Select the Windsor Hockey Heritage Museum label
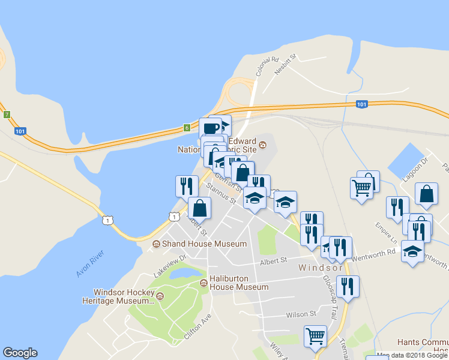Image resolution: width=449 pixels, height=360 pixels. pos(124,296)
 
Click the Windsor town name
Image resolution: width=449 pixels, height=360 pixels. pos(321,268)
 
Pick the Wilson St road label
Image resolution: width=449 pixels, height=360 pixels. pos(301,314)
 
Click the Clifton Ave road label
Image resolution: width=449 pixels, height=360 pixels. pos(198,326)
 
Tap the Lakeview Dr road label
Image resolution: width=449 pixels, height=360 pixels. pos(169,264)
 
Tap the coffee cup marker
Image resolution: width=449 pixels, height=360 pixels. pos(211,127)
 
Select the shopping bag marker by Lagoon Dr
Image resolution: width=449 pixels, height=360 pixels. pos(426,193)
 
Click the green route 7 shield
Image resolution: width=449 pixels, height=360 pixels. pos(7,114)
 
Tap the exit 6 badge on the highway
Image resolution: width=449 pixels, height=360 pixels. pos(187,127)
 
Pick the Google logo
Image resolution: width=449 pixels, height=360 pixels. pos(20,353)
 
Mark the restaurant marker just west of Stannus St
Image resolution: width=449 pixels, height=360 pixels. pos(186,185)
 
